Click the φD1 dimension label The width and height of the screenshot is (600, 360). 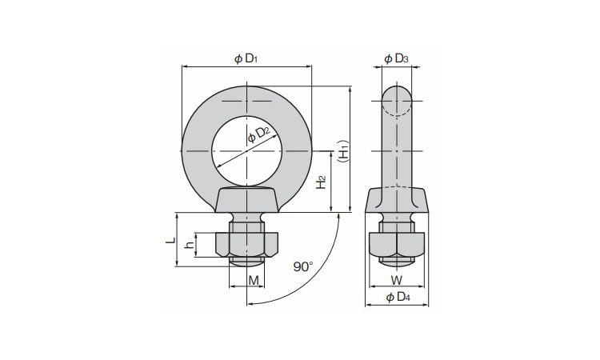click(246, 58)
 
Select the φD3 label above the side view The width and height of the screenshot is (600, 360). click(397, 58)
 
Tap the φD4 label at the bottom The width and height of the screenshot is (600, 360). click(398, 298)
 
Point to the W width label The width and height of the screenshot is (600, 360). click(397, 279)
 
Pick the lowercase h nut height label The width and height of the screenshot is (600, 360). click(189, 245)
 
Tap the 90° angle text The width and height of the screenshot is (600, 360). click(302, 266)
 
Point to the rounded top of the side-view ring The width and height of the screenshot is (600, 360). click(398, 94)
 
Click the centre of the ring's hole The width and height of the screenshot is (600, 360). click(247, 150)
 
